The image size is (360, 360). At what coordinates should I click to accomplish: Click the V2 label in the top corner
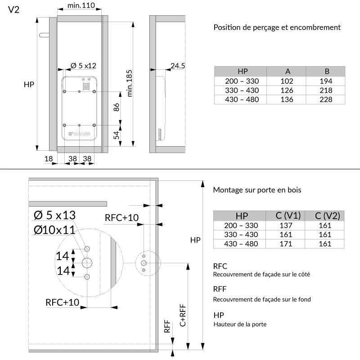[13, 10]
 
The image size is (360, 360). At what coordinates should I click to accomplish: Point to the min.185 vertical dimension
[130, 84]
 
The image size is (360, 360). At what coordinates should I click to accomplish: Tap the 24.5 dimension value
[177, 66]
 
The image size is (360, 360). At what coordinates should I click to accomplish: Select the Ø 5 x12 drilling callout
[83, 66]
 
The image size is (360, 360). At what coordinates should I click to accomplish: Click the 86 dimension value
[116, 108]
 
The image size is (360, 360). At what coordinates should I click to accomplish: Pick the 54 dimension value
[116, 135]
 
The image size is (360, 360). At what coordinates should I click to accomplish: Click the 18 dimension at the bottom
[49, 158]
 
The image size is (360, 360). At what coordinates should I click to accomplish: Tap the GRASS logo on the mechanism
[79, 134]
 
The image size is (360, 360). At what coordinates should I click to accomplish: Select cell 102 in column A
[287, 81]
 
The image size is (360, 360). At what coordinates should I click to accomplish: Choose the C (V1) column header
[288, 216]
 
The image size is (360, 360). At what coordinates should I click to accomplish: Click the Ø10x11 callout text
[54, 230]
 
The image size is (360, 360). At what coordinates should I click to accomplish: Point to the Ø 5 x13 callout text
[55, 215]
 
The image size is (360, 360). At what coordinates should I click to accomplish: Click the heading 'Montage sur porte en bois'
[257, 190]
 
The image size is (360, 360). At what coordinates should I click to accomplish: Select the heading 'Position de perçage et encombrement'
[277, 27]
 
